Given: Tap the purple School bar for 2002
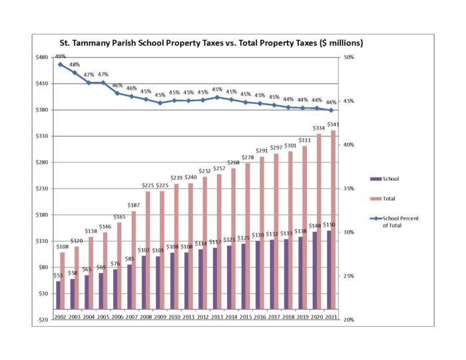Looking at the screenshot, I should click(58, 295).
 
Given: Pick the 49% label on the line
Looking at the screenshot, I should click(60, 57).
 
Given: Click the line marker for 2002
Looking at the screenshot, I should click(60, 65).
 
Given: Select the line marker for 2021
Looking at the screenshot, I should click(331, 110).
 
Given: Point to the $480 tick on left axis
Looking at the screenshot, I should click(43, 57).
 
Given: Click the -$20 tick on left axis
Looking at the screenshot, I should click(43, 319).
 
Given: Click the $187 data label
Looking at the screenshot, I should click(134, 206).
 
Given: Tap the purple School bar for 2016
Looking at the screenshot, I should click(257, 275).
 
